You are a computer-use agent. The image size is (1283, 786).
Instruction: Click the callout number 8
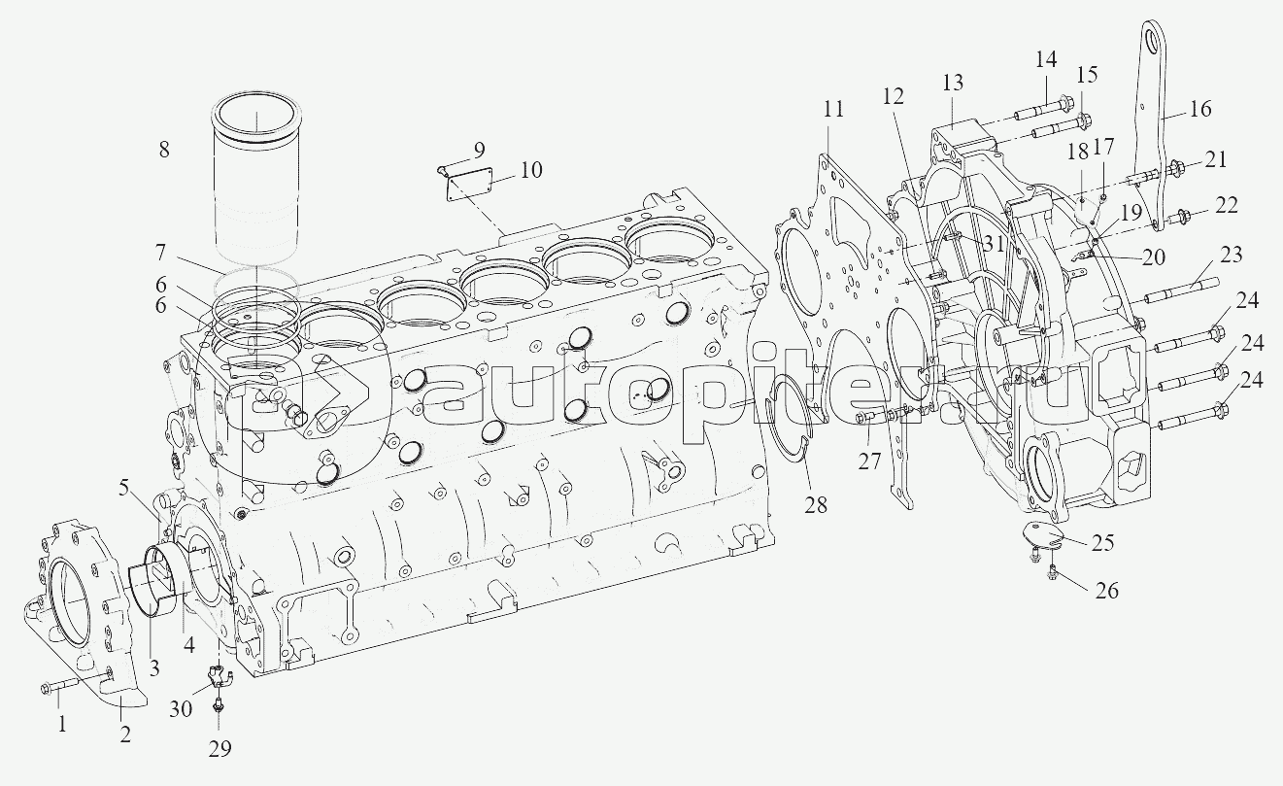[x=164, y=150]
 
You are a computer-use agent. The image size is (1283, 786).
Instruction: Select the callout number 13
[x=953, y=83]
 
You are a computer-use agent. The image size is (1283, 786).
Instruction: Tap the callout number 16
[x=1199, y=108]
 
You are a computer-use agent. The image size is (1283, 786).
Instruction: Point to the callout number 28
[x=816, y=504]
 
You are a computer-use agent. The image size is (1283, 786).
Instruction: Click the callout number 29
[x=219, y=749]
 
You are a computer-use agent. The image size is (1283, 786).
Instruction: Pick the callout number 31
[x=994, y=244]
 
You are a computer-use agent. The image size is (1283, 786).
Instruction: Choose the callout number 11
[x=834, y=108]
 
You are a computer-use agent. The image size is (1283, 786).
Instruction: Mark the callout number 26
[x=1106, y=590]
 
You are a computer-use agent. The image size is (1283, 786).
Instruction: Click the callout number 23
[x=1231, y=254]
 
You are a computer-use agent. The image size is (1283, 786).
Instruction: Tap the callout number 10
[x=531, y=170]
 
